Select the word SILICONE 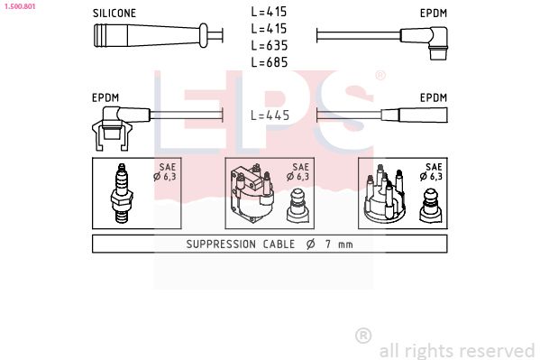(x=114, y=14)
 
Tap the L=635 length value (x=270, y=45)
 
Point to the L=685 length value (x=270, y=61)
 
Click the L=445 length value (x=270, y=115)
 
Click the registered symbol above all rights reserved (x=363, y=335)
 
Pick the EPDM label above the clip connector (x=106, y=97)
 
